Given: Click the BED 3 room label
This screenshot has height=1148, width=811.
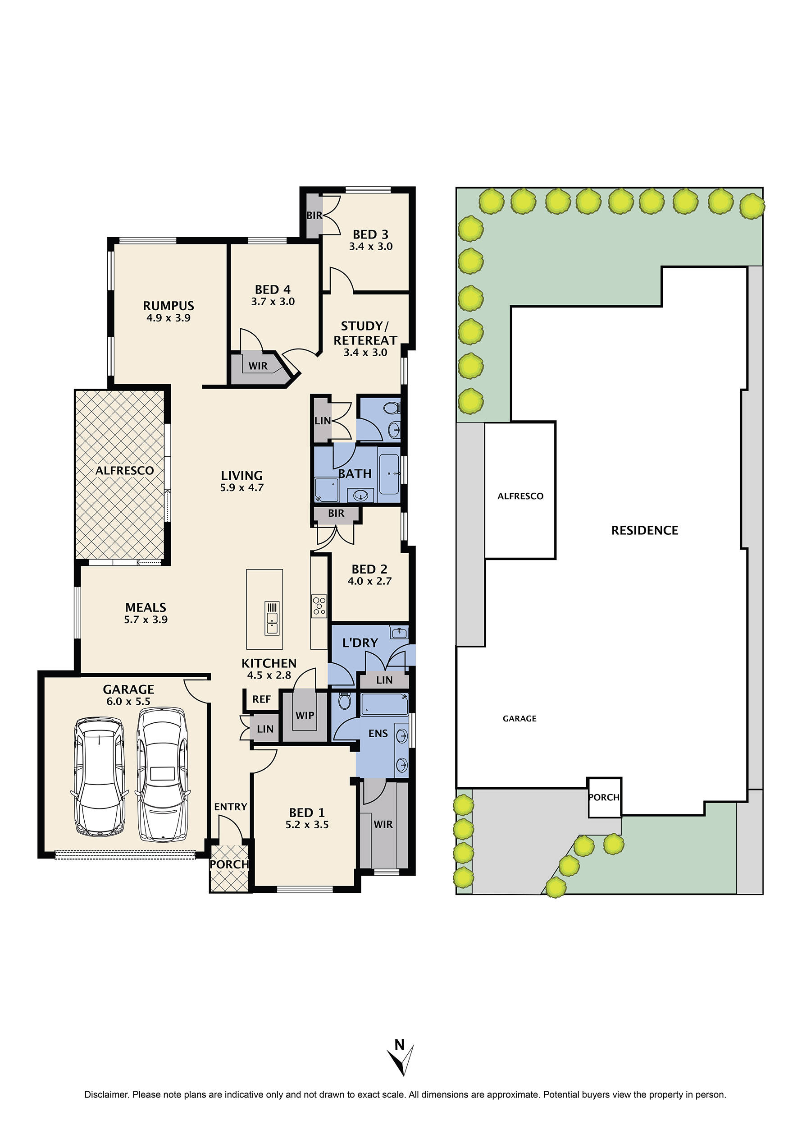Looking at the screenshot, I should (x=370, y=234).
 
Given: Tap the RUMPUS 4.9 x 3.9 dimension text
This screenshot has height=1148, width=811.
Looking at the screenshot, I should (x=169, y=318).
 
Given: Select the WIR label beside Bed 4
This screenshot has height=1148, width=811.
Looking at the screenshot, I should (x=258, y=366).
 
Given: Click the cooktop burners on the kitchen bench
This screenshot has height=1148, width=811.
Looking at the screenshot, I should (x=319, y=606).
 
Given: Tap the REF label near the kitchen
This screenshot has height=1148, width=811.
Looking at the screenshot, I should (x=261, y=699).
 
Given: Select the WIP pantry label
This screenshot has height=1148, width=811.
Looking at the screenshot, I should (x=304, y=716).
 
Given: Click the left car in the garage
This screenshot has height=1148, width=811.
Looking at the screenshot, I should (x=99, y=777).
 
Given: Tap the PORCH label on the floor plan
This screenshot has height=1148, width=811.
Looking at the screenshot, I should (x=229, y=864).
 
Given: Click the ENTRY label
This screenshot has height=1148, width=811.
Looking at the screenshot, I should (x=230, y=807).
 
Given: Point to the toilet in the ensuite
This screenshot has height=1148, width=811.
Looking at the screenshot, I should (x=344, y=701).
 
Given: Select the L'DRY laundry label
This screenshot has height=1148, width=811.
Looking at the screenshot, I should (x=360, y=643).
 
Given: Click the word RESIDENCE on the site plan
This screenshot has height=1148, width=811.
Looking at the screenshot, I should (x=645, y=531).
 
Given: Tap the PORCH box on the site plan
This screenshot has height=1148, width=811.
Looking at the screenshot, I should (x=604, y=797).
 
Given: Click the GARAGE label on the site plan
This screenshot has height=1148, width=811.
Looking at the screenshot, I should (x=519, y=718).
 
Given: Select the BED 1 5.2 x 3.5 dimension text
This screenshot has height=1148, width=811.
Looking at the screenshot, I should (x=307, y=825).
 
